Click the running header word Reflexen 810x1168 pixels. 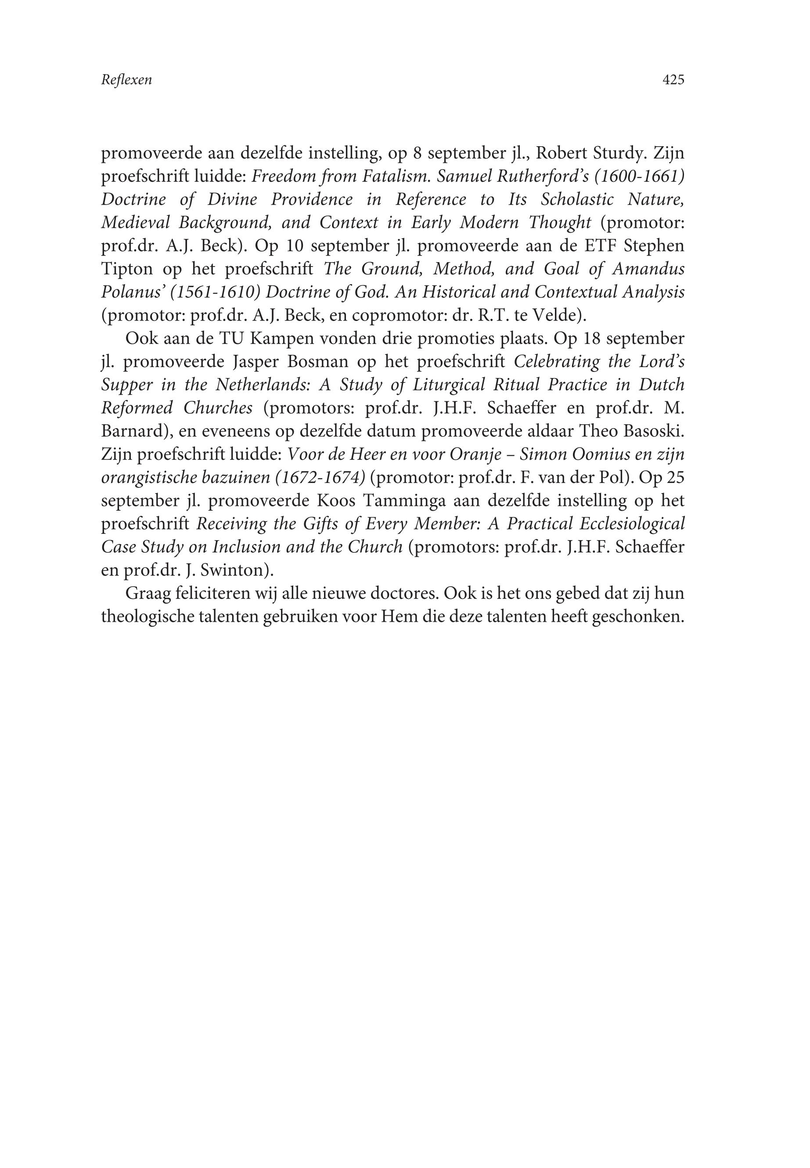pos(126,80)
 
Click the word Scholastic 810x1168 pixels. pos(577,199)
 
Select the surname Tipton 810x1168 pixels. pos(126,269)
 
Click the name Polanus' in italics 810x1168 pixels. pos(133,292)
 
